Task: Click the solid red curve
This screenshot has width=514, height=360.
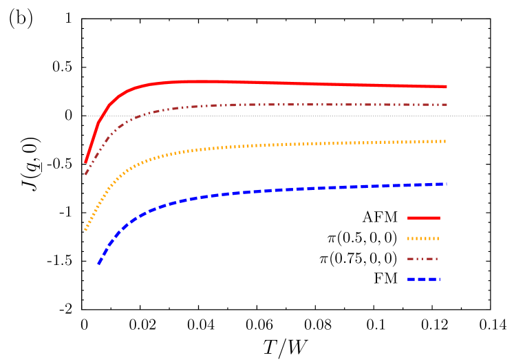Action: (275, 83)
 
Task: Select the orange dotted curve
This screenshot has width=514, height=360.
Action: (275, 145)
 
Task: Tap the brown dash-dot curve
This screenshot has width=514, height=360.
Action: (275, 105)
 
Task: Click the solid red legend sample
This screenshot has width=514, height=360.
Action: (423, 218)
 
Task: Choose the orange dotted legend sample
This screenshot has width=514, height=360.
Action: (423, 239)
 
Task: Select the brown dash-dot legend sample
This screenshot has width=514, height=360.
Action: (422, 259)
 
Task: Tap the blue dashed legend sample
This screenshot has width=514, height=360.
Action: (423, 279)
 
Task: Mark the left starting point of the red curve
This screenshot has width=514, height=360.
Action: (85, 162)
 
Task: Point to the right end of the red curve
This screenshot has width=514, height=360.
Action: (447, 87)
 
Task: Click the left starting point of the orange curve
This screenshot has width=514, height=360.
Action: (85, 230)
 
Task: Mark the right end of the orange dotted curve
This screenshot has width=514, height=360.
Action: (446, 141)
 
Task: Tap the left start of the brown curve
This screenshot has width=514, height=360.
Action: (85, 174)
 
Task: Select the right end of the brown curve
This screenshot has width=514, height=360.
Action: (447, 105)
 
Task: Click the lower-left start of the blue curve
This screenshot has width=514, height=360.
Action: (98, 264)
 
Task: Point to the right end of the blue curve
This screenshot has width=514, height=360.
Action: (447, 184)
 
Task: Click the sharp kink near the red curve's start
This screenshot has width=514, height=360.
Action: (98, 123)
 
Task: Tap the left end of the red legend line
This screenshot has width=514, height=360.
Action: (408, 218)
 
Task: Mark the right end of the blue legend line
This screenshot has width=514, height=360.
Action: (439, 279)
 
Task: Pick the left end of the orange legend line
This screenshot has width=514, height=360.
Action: (408, 239)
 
